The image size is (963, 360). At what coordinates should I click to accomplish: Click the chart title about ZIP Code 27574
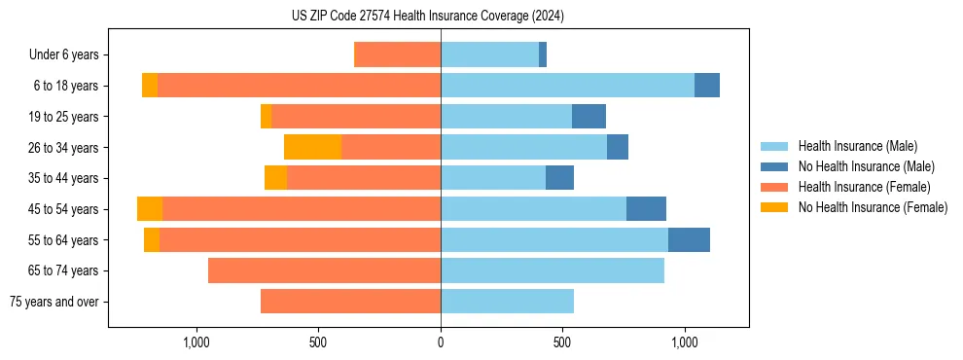coord(427,16)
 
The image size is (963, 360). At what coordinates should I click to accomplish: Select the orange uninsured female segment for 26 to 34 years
coord(312,147)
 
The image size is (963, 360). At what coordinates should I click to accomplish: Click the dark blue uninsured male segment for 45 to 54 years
coord(646,208)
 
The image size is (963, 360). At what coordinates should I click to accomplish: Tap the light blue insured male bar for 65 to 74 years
coord(553,270)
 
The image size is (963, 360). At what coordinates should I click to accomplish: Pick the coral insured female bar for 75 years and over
coord(350,302)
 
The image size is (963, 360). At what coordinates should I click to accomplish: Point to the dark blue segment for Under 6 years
coord(543,54)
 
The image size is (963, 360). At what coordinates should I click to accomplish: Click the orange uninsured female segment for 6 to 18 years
coord(150,86)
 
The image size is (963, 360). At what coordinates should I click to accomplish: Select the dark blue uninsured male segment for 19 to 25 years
coord(588,117)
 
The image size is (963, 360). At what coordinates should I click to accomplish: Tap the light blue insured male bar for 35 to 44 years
coord(493,178)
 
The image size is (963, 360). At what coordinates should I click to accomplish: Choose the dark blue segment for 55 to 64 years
coord(689,239)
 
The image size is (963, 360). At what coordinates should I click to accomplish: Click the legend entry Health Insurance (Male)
coord(857,146)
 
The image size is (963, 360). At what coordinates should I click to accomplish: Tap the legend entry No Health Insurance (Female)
coord(873,207)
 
